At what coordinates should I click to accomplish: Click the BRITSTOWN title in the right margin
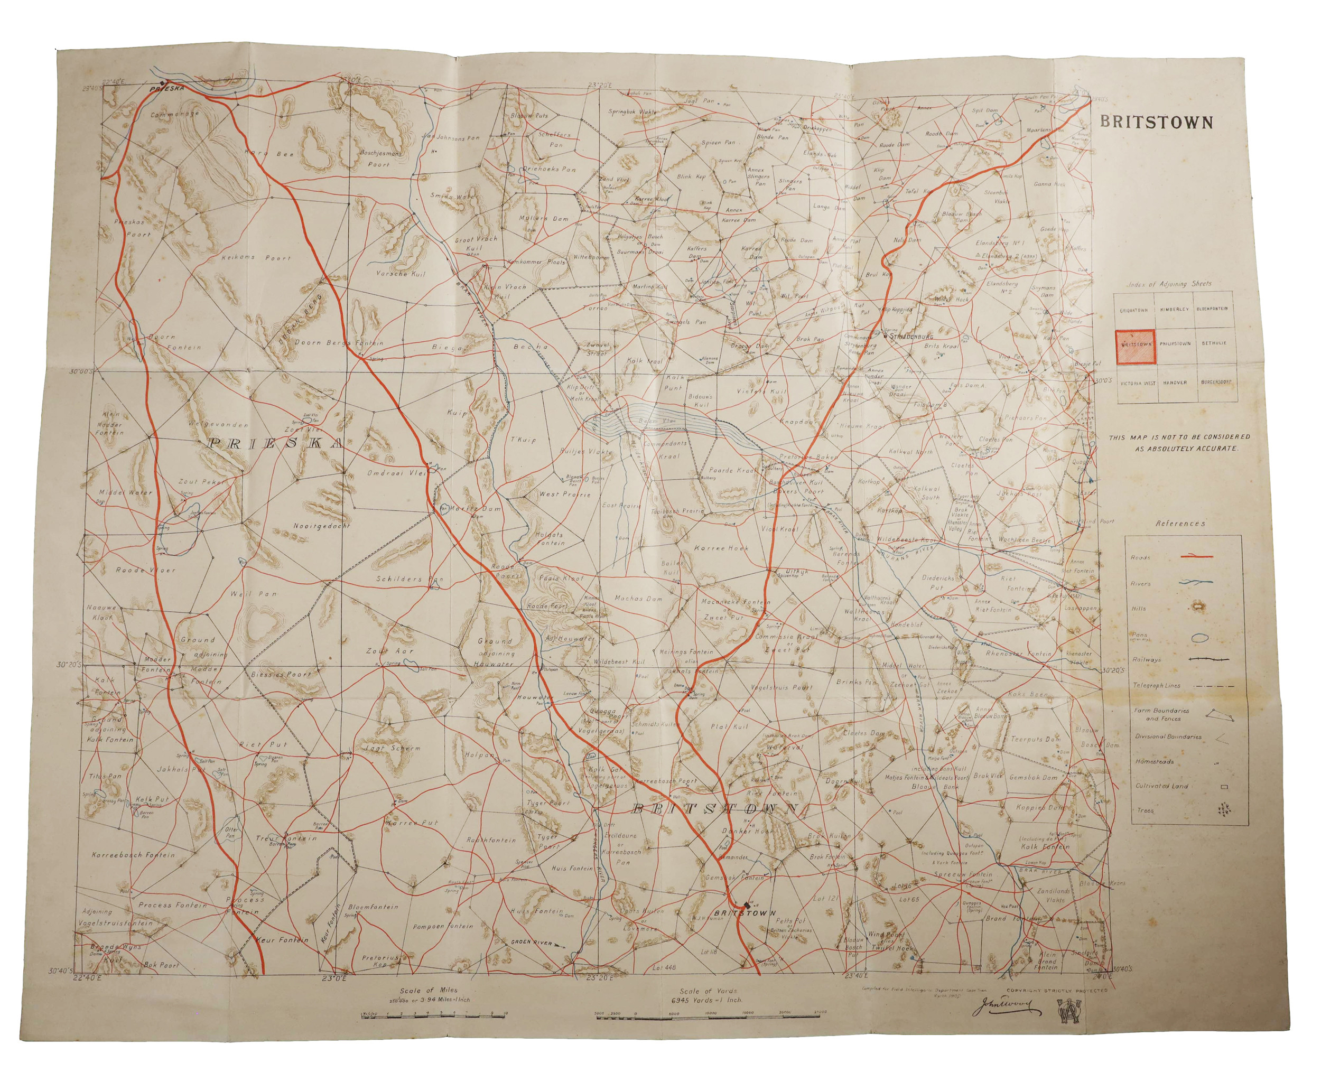tap(1157, 122)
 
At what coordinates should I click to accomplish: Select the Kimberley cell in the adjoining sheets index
tap(1175, 309)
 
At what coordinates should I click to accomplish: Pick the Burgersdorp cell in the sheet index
tap(1213, 382)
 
